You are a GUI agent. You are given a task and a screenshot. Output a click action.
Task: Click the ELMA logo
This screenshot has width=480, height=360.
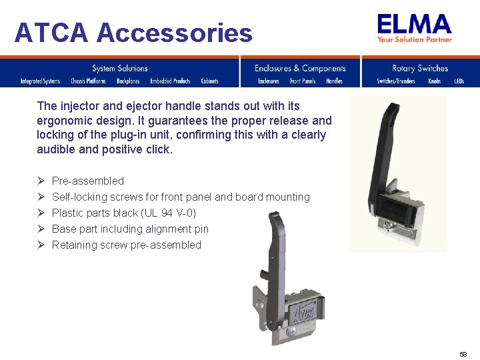[415, 25]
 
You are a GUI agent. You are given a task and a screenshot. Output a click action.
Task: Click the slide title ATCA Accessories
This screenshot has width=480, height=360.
[133, 32]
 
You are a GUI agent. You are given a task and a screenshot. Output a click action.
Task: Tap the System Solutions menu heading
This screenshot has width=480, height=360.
[120, 68]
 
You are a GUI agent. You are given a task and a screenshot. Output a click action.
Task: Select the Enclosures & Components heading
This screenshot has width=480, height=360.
[300, 68]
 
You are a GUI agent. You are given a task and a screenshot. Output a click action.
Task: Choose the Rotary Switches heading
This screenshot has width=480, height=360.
[420, 68]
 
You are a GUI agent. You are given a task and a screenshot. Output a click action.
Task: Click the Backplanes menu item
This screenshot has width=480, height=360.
[128, 81]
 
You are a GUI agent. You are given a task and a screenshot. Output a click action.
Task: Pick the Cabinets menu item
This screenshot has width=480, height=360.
[210, 81]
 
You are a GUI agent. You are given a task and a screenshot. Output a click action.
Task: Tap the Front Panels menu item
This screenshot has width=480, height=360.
[303, 81]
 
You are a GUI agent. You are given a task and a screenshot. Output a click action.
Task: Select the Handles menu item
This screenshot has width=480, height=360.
[334, 81]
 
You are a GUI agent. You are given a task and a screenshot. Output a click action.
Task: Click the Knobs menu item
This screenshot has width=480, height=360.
[435, 81]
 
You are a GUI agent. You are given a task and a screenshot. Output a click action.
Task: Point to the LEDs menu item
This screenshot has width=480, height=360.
[459, 81]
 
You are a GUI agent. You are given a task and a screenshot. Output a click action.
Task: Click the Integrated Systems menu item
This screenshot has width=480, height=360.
[40, 81]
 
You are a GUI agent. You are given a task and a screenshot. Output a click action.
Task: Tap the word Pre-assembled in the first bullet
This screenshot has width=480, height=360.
[88, 181]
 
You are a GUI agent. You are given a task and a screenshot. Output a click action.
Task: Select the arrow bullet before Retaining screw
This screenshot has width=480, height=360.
[41, 245]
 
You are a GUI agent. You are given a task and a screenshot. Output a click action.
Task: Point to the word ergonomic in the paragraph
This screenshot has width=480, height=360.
[63, 121]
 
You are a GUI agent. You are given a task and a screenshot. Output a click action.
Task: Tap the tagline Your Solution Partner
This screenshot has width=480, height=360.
[415, 39]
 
